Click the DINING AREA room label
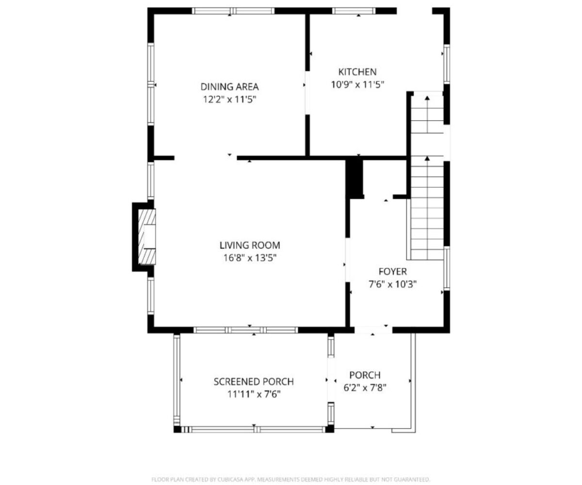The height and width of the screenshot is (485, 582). coord(229,87)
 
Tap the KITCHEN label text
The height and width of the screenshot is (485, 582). coord(357,72)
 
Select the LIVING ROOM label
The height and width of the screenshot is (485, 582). coord(250,245)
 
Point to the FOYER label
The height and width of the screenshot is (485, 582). coord(392,272)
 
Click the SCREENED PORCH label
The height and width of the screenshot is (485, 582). coord(254,382)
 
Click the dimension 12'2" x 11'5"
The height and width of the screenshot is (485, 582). coord(229,99)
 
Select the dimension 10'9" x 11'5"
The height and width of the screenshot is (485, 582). coord(357,84)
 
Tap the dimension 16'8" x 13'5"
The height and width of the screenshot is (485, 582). coord(250,258)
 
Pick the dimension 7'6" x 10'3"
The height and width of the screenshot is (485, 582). coord(392,284)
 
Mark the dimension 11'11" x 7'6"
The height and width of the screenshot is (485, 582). coord(254,394)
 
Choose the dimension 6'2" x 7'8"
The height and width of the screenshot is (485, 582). coord(365,388)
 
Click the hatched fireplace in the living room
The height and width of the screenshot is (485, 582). coord(147,237)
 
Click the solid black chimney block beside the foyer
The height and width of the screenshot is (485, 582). coord(355,178)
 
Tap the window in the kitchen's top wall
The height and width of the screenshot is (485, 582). coord(354,11)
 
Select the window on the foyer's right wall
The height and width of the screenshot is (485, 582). coord(447,268)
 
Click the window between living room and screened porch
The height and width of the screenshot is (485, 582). coord(246,330)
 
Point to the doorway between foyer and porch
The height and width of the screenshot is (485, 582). coord(373,330)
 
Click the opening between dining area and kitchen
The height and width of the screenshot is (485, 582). coord(307,93)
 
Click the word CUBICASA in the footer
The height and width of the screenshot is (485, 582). coord(229,480)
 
